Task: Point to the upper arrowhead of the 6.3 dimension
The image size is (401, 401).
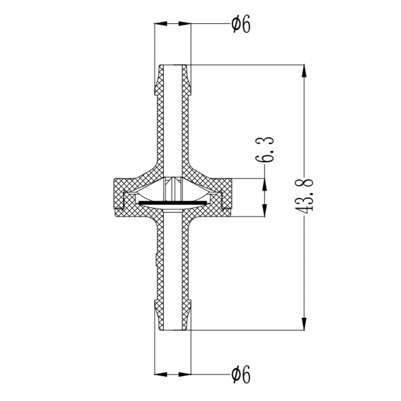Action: point(264,184)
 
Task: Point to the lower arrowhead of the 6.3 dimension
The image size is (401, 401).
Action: point(264,211)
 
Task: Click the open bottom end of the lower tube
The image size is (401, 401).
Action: point(173,329)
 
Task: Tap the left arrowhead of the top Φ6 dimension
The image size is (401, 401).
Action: point(160,24)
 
